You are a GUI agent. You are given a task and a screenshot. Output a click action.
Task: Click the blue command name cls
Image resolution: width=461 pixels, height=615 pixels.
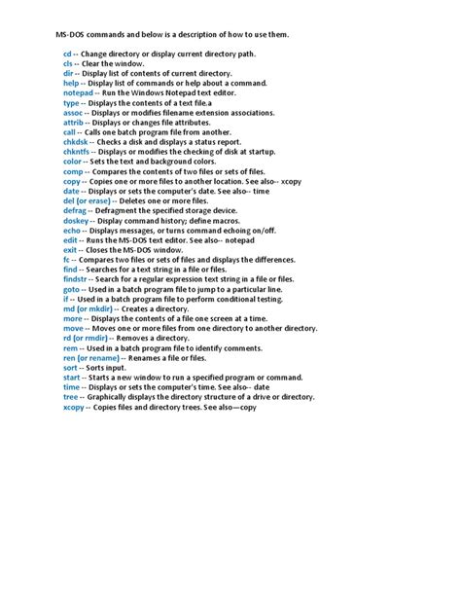coord(67,63)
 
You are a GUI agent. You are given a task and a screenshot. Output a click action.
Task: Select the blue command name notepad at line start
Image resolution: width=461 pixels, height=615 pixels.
coord(77,92)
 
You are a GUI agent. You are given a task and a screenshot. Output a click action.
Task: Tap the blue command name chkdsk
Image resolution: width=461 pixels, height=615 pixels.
coord(76,142)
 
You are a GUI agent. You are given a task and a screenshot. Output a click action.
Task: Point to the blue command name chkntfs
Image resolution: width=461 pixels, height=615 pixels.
coord(77,152)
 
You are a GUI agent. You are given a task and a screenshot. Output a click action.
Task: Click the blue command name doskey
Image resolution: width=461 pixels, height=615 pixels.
coord(75,221)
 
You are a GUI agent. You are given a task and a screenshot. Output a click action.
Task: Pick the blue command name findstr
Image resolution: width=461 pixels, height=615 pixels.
coord(76,279)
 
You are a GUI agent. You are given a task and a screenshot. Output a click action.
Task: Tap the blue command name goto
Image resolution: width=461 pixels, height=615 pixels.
coord(71,289)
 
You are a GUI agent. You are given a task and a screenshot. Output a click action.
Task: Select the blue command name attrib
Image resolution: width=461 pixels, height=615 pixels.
coord(74,122)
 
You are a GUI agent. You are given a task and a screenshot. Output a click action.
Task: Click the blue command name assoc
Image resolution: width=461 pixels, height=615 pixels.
coord(73,112)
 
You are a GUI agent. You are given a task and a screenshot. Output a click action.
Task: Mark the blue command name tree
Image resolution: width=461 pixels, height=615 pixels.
coord(70,397)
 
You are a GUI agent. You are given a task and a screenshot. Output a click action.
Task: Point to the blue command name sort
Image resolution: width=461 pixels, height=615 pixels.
coord(70,368)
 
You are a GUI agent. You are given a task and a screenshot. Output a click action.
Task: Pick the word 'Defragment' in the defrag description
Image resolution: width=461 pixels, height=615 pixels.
coord(121,210)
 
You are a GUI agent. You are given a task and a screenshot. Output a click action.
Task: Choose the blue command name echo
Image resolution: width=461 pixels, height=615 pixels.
coord(71,231)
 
